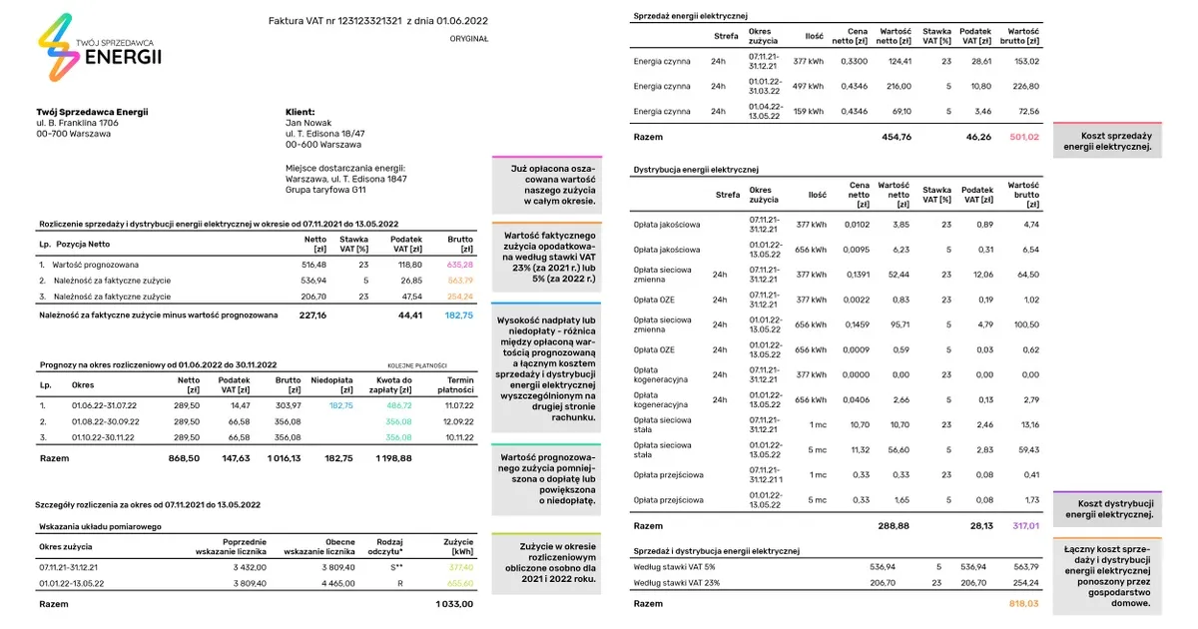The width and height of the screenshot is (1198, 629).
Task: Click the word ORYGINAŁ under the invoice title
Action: click(x=469, y=39)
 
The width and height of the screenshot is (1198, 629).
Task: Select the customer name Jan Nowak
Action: click(x=308, y=123)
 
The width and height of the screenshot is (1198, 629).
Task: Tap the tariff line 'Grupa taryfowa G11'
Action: click(x=325, y=189)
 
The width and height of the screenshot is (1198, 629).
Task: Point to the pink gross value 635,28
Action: click(x=460, y=265)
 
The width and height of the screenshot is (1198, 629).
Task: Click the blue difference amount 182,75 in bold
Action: click(x=459, y=315)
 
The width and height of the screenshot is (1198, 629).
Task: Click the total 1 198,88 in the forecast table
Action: click(x=394, y=458)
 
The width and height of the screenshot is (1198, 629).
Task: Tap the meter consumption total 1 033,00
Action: click(x=454, y=604)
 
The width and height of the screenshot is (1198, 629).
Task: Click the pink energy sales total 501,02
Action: click(x=1025, y=137)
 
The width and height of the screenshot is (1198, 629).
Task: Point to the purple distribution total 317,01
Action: click(x=1025, y=524)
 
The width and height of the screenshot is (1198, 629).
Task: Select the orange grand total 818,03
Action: click(x=1025, y=603)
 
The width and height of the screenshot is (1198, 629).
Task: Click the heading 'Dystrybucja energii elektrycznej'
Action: click(x=696, y=170)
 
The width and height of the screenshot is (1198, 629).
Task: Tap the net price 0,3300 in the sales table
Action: click(x=856, y=61)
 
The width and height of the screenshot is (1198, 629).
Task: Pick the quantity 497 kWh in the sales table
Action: click(x=809, y=87)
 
